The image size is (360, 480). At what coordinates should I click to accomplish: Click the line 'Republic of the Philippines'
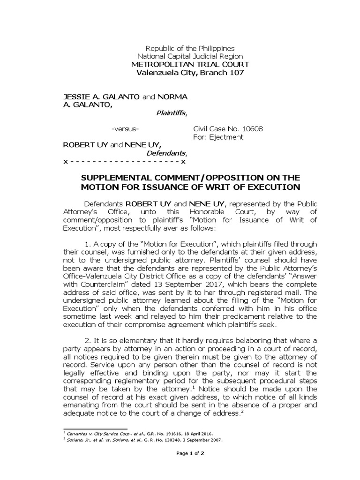pos(190,48)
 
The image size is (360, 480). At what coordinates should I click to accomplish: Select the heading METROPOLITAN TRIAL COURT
pos(190,64)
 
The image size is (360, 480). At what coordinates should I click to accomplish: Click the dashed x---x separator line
pos(125,161)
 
